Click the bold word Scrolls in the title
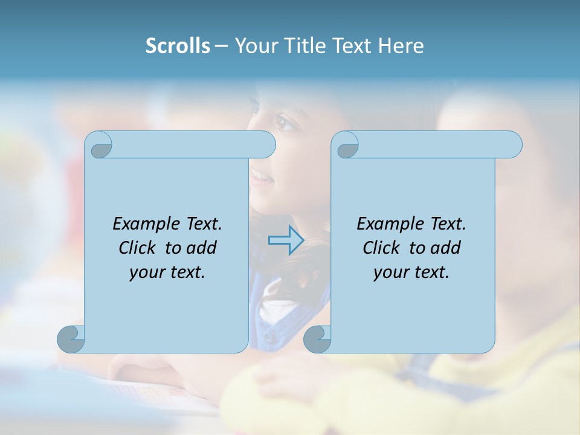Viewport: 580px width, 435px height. [178, 46]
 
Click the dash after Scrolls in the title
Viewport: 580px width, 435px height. [221, 47]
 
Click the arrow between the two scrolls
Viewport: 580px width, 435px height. [286, 240]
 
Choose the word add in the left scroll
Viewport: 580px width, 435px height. [202, 248]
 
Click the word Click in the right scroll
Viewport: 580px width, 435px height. [382, 248]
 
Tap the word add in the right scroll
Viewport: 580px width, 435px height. [446, 248]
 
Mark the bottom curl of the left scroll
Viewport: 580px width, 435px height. [71, 338]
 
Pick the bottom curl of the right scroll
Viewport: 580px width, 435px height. [317, 338]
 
